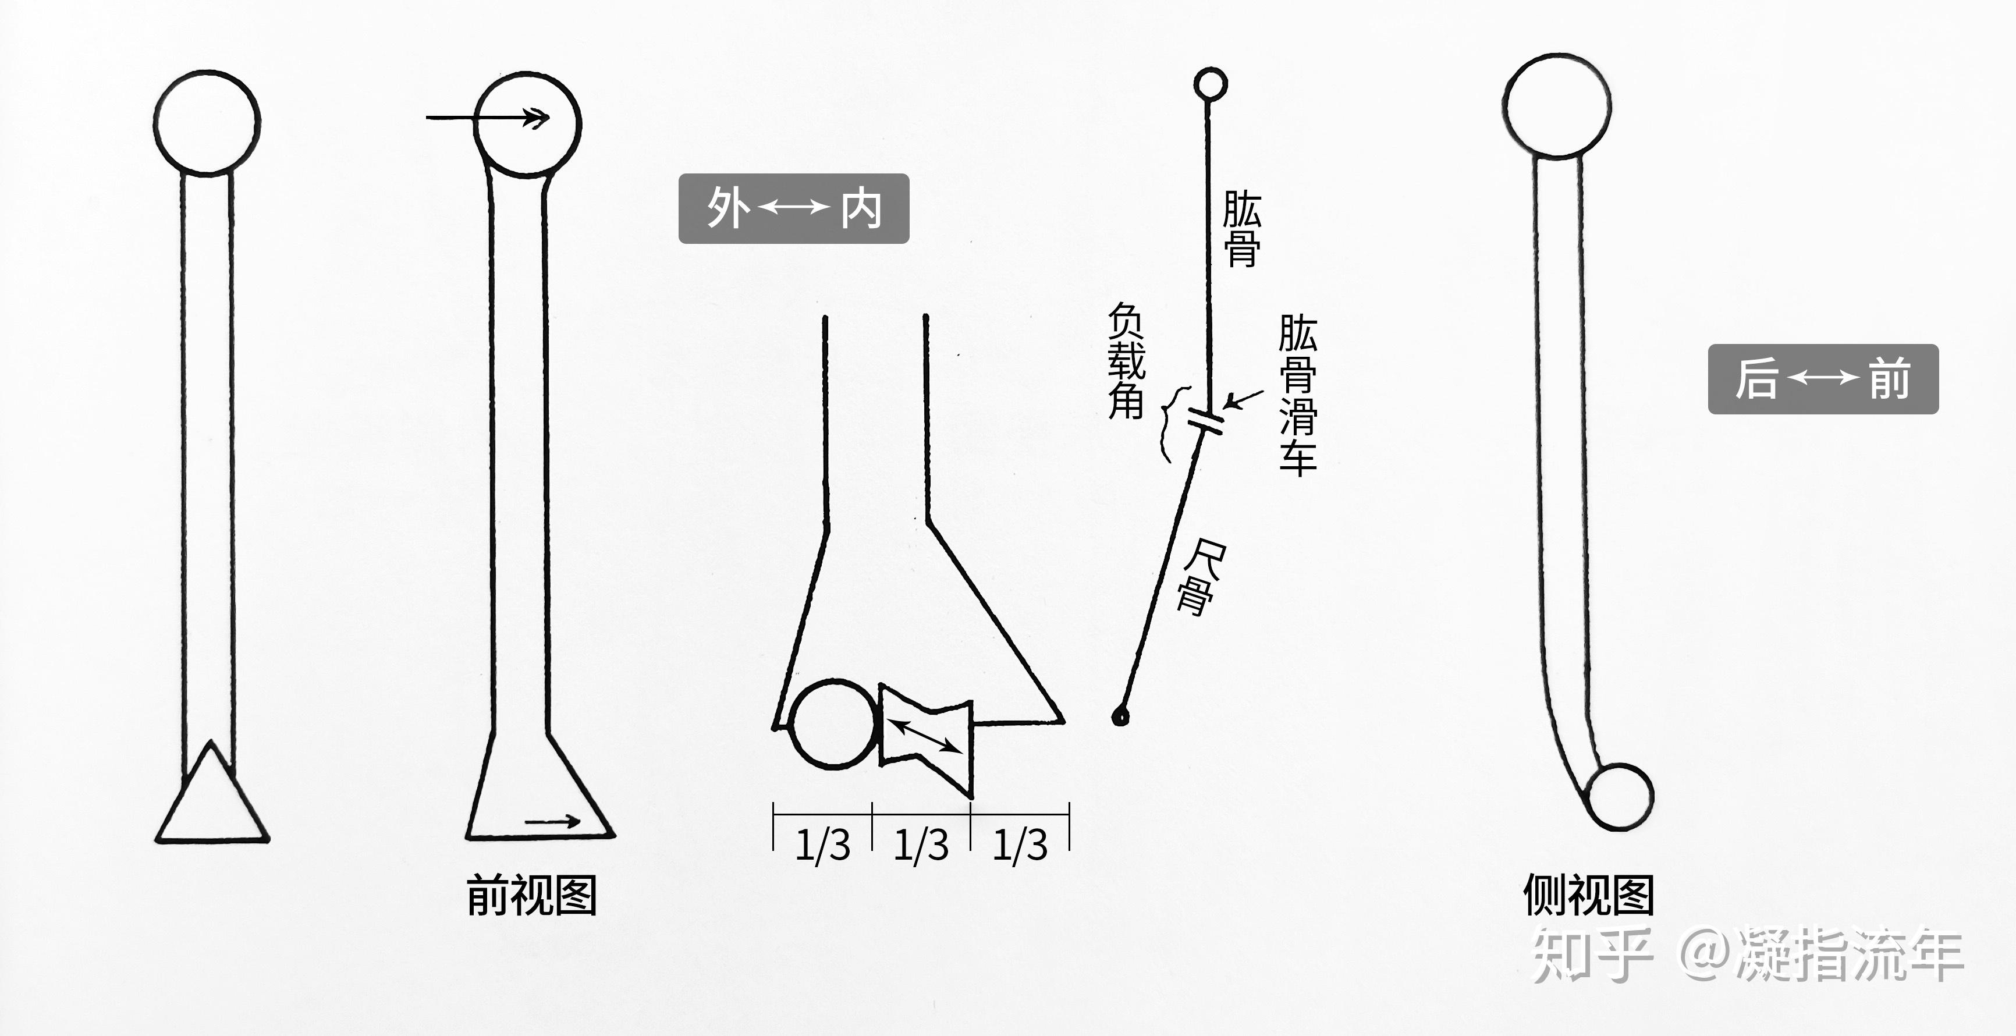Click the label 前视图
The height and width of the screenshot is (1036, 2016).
(x=532, y=895)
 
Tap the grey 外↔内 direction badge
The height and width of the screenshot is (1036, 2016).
(x=794, y=209)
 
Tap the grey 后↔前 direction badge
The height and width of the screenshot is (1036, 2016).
(x=1823, y=379)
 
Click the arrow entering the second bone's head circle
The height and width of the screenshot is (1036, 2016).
(x=488, y=118)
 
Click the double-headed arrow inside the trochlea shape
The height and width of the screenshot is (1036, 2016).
(x=927, y=736)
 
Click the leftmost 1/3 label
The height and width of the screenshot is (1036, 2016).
(x=822, y=846)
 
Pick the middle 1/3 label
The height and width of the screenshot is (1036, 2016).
(x=921, y=846)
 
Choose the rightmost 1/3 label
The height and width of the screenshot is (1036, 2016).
(x=1020, y=846)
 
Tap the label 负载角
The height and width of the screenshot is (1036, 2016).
(x=1126, y=361)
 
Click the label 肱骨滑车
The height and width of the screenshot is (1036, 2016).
(x=1298, y=395)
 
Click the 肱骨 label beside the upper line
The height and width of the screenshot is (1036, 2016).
(x=1241, y=229)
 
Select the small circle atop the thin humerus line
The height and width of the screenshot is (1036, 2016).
(x=1210, y=84)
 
